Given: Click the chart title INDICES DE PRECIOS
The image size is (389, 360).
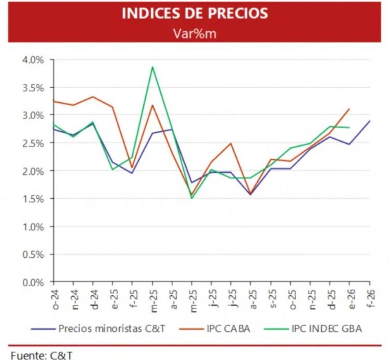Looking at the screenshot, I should coord(195,13).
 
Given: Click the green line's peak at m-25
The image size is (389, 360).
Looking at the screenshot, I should coord(152,67).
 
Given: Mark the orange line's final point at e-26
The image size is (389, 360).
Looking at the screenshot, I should coord(350,109).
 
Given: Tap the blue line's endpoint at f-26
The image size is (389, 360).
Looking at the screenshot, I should coord(369,121).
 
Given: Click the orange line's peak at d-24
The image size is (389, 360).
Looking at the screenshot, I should coord(93,96).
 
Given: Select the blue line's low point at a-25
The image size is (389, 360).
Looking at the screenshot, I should coord(251,195).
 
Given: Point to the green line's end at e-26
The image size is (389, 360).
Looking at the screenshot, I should coord(349,128).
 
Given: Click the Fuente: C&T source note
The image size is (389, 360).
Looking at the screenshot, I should coord(36,355).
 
